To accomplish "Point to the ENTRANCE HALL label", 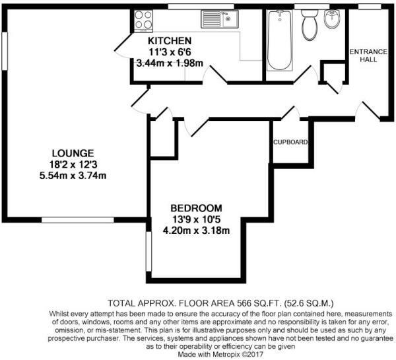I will pyautogui.click(x=368, y=55).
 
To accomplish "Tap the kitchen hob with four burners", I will pyautogui.click(x=142, y=20).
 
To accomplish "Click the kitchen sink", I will pyautogui.click(x=218, y=18).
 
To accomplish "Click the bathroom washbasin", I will pyautogui.click(x=333, y=21).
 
